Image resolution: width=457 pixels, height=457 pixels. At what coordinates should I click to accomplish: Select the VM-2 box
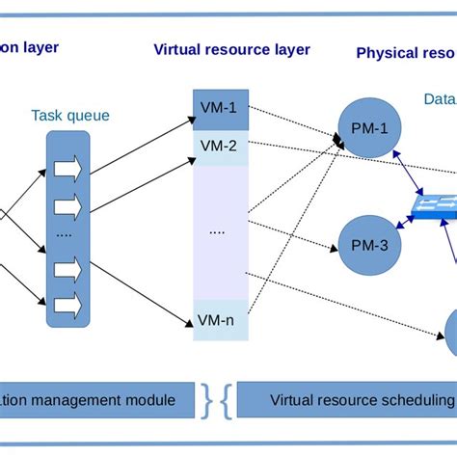tap(221, 147)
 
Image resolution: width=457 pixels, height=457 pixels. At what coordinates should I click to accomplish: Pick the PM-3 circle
tap(364, 245)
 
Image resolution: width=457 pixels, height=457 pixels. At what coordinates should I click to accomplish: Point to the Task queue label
tap(69, 116)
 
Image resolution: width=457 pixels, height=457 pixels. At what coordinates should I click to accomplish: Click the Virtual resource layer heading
tap(231, 49)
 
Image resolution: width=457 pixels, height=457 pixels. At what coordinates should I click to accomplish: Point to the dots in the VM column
tap(218, 231)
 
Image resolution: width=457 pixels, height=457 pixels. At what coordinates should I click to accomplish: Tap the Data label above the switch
tap(440, 98)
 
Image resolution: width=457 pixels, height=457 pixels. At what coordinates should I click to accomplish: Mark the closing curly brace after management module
tap(206, 400)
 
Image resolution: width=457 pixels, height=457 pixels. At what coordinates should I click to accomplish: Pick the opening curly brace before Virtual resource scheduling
tap(226, 400)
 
